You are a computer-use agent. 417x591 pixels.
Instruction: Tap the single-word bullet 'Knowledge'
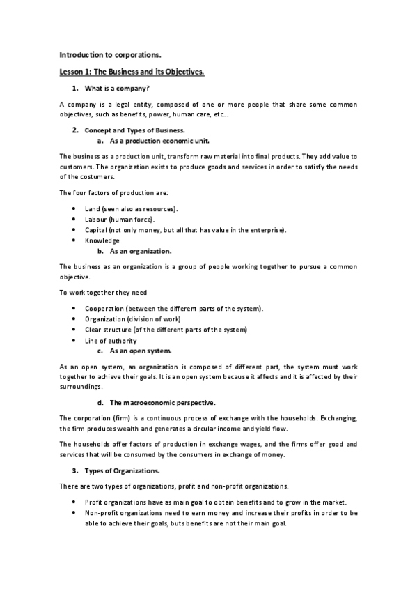102,240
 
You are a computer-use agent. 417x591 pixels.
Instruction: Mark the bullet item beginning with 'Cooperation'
173,308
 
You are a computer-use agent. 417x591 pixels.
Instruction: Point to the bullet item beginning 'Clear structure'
166,329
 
